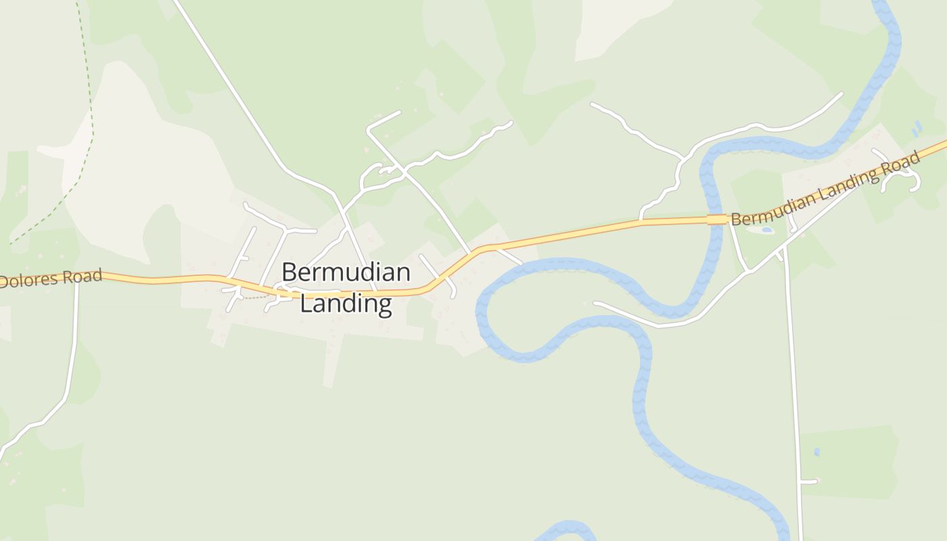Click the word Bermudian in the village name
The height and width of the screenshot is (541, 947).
tap(346, 273)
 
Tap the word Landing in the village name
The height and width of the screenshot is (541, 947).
tap(346, 303)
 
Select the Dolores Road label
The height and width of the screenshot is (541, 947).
tap(51, 278)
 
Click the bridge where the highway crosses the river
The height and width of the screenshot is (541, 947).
tap(717, 219)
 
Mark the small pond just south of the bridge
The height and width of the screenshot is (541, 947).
tap(766, 230)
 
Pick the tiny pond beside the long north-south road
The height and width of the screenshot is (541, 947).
tap(817, 451)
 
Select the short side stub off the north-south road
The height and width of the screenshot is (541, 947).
tap(809, 481)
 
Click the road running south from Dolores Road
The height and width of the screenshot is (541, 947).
tap(71, 358)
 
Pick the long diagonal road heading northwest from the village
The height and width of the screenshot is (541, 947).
tap(230, 88)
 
